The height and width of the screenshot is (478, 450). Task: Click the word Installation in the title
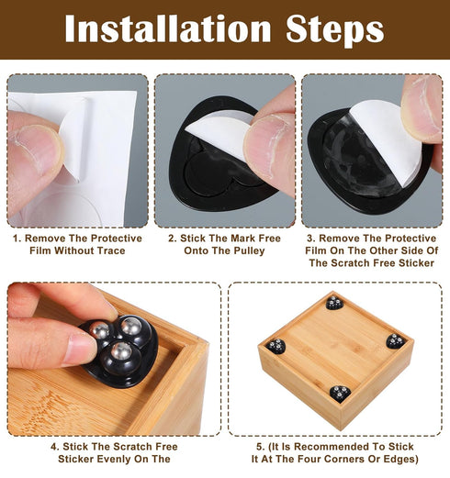click(168, 28)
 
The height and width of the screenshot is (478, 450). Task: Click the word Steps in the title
click(335, 30)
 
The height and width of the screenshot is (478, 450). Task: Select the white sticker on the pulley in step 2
click(221, 132)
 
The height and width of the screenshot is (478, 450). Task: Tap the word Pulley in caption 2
click(249, 250)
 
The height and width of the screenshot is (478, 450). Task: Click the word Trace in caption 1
click(111, 250)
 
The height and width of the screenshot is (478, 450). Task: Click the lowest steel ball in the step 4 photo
click(121, 350)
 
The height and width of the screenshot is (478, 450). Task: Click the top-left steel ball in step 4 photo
click(98, 329)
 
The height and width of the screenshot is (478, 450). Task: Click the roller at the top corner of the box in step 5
click(334, 303)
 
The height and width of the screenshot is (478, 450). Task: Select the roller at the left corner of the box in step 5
click(276, 346)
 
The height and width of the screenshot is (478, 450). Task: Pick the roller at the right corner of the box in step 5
click(396, 341)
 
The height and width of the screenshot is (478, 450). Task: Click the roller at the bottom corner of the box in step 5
click(340, 394)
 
